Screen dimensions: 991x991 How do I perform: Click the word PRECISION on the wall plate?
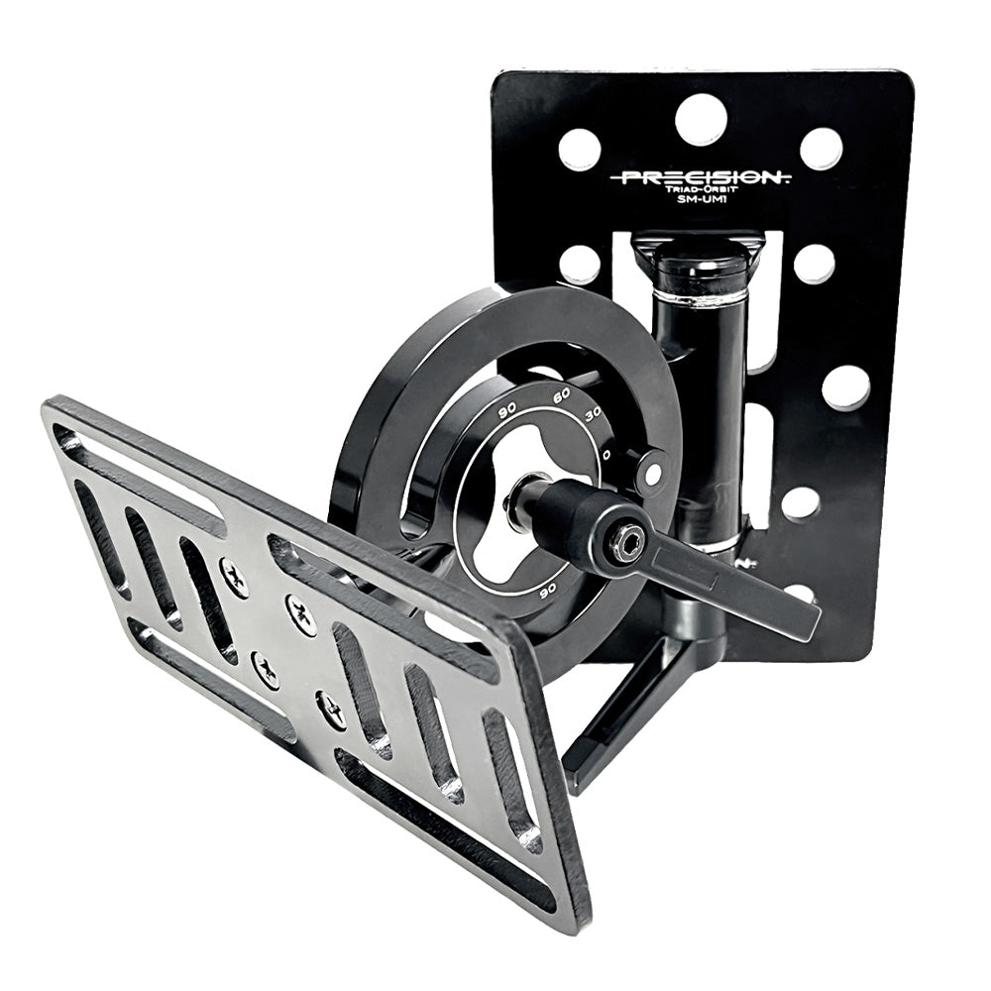(701, 178)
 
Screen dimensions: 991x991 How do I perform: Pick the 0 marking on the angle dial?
(606, 452)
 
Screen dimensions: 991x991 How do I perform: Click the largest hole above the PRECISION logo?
(701, 120)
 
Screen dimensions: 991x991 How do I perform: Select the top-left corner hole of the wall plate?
(580, 150)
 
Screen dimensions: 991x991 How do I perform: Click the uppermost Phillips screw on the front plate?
(234, 577)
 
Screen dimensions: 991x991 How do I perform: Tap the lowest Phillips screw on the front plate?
(332, 711)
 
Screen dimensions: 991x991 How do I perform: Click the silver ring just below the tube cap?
(701, 296)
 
